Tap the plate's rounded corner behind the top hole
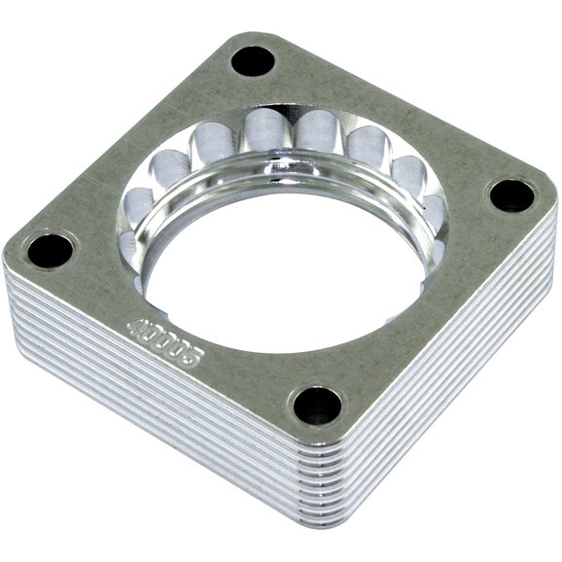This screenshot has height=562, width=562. [243, 36]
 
